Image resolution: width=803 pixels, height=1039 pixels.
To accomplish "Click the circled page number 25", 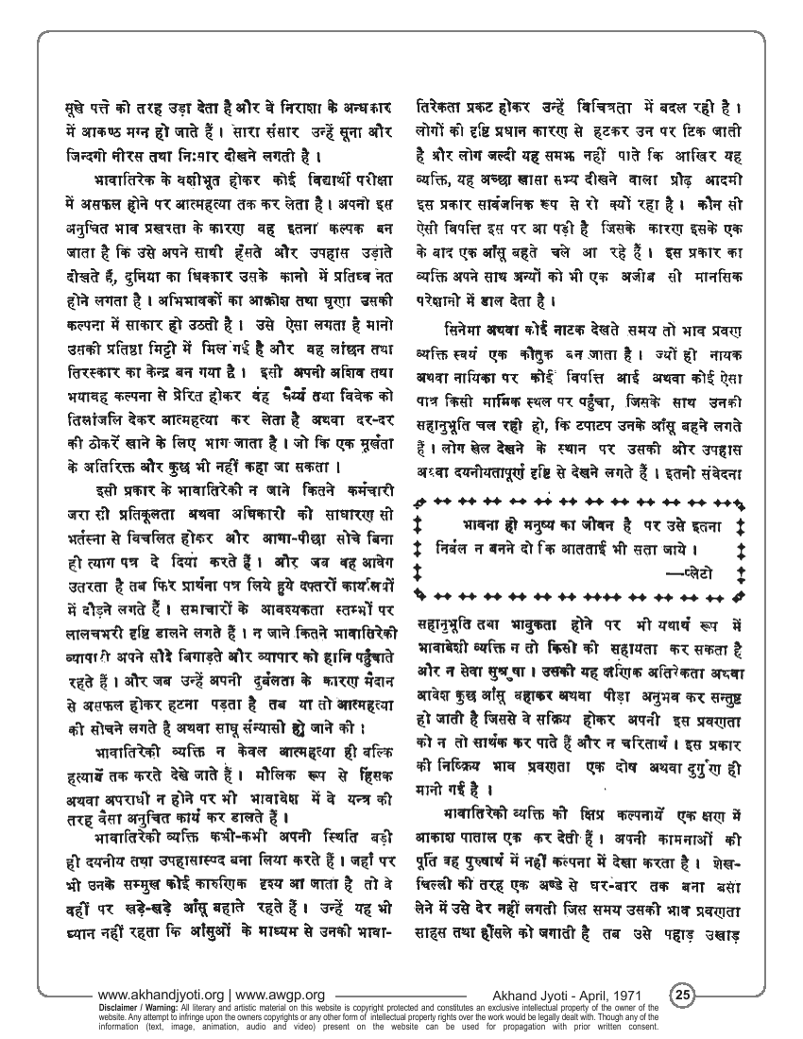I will (x=683, y=995).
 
